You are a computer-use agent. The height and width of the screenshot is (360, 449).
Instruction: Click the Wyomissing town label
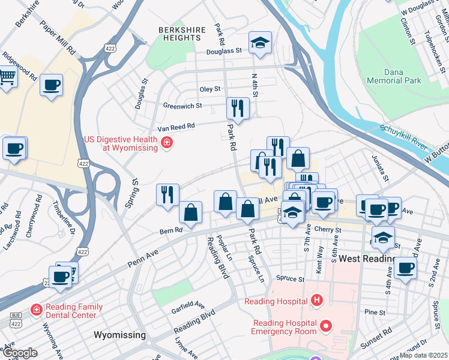click(119, 334)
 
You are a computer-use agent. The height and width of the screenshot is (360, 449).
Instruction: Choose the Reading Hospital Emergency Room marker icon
click(326, 326)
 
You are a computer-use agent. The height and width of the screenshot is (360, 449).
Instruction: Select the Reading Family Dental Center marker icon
click(37, 310)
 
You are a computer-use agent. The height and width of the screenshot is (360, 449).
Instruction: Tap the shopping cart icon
click(7, 77)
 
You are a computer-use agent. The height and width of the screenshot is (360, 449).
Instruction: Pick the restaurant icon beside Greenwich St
click(237, 108)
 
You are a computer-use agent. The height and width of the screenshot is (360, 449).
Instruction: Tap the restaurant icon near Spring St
click(167, 194)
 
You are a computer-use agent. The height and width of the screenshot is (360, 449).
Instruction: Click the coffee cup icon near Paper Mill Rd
click(52, 85)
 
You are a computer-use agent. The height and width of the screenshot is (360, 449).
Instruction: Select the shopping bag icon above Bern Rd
click(190, 212)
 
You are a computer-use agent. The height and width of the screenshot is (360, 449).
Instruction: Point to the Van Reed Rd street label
click(176, 127)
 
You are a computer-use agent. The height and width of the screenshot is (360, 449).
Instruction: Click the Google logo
click(20, 353)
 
